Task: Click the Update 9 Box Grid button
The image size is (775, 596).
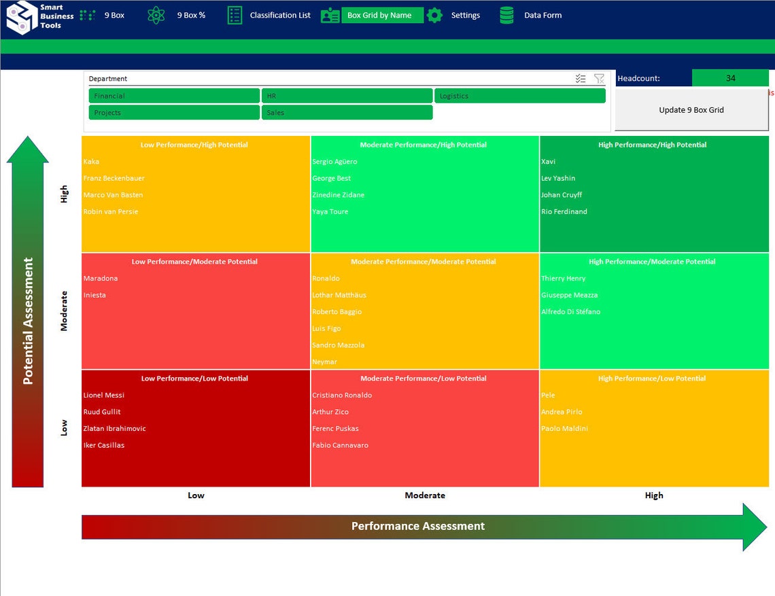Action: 691,109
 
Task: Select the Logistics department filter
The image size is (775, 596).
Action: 519,96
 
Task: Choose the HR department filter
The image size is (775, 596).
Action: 347,96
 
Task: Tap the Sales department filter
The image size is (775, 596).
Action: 347,112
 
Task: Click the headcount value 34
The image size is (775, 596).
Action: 730,78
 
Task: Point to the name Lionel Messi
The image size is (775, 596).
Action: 104,395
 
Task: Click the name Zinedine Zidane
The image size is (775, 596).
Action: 339,195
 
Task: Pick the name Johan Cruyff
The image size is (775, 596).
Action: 562,195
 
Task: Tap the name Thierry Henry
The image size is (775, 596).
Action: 563,278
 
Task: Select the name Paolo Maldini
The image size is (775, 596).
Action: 564,428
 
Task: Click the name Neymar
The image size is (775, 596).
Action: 325,362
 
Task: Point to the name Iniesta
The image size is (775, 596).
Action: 94,295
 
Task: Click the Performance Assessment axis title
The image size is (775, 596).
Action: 417,526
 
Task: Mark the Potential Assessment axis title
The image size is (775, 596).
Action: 28,321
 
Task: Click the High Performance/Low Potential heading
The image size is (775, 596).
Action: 651,379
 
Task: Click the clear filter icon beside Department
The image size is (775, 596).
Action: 598,79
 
